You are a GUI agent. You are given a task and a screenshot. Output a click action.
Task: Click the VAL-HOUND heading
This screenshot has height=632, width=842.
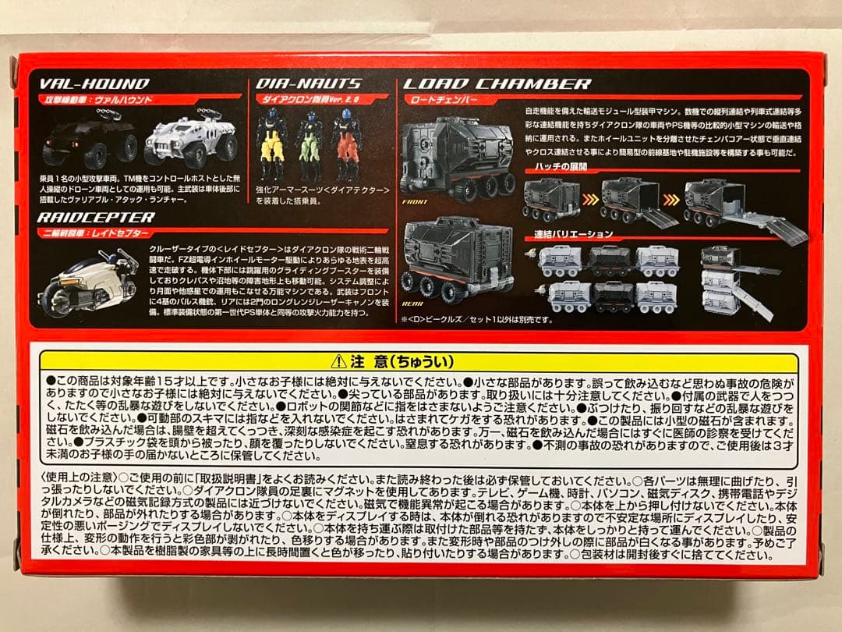click(x=94, y=83)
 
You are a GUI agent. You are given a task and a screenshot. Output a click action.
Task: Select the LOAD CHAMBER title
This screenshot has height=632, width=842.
click(x=497, y=83)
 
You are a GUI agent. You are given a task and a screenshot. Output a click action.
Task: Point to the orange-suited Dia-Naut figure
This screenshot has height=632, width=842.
click(x=345, y=144)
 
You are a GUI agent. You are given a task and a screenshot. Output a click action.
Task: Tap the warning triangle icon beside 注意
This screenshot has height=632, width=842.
click(x=338, y=362)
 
